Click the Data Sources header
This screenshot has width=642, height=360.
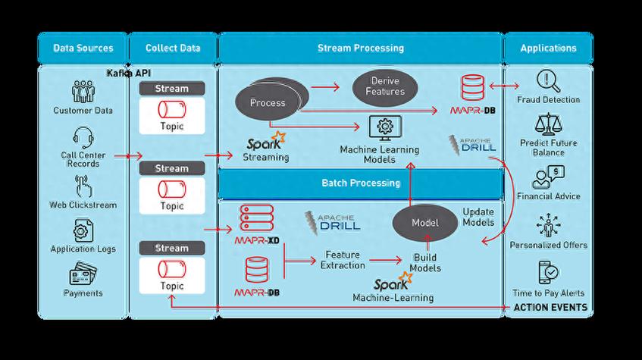point(83,48)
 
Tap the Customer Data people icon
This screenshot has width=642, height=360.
point(83,91)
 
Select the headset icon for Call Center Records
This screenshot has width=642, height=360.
point(83,138)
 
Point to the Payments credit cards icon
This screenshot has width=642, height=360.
point(83,274)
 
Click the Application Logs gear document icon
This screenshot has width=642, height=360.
point(83,230)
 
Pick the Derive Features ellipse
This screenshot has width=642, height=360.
point(385,88)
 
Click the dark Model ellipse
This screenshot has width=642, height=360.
point(424,223)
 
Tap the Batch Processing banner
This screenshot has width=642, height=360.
point(360,183)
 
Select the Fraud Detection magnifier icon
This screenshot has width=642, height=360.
point(548,81)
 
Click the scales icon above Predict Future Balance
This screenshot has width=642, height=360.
point(548,124)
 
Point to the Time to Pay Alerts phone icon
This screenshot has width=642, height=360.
point(548,272)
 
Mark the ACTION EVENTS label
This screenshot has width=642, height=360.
point(550,307)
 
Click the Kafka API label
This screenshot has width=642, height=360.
point(129,73)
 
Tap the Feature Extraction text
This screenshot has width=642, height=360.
point(343,260)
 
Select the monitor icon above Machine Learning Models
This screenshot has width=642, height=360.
point(385,128)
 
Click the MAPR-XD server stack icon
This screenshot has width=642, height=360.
point(257,218)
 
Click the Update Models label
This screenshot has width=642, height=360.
point(478,217)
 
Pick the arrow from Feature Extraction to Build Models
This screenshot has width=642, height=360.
point(385,260)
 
